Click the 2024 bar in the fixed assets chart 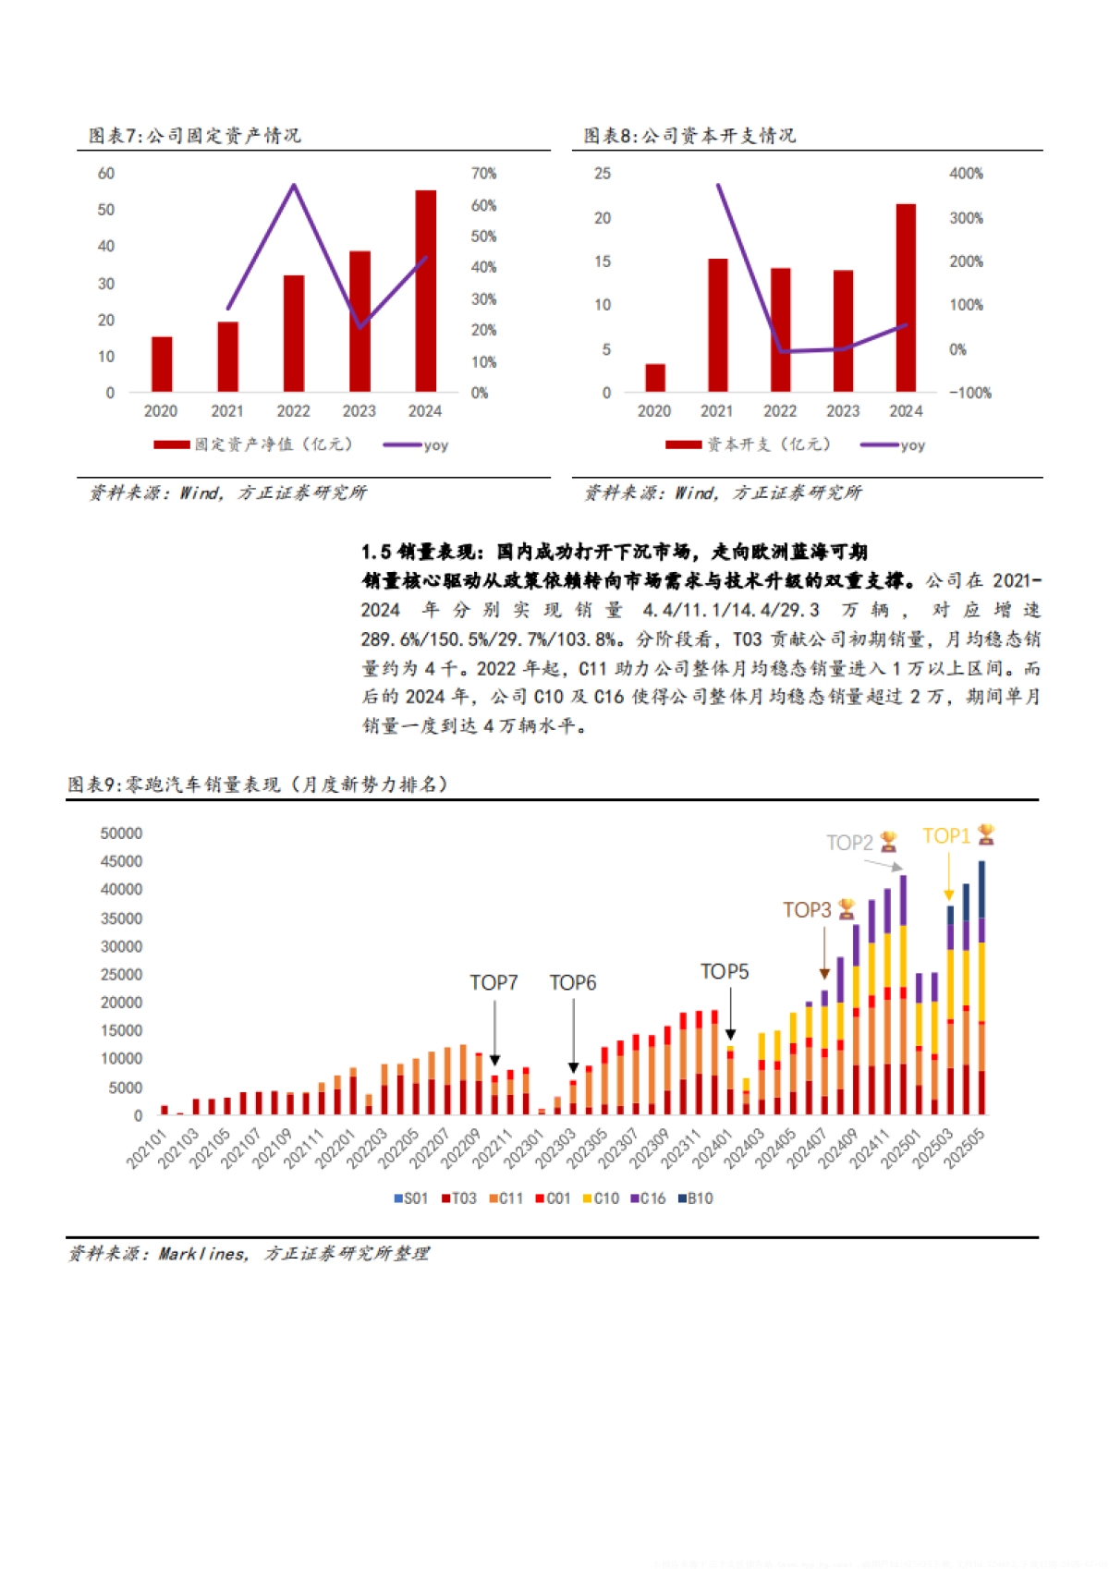[425, 291]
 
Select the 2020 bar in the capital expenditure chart [655, 378]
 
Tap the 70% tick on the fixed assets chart [483, 174]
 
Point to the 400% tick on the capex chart [966, 174]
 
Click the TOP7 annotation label [494, 982]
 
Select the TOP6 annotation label [573, 982]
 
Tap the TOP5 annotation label [725, 971]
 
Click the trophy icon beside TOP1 [986, 834]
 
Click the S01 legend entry [411, 1198]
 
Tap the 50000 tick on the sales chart [121, 833]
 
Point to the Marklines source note [248, 1254]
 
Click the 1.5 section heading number [375, 552]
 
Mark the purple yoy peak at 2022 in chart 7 [294, 186]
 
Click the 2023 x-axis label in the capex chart [843, 411]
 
